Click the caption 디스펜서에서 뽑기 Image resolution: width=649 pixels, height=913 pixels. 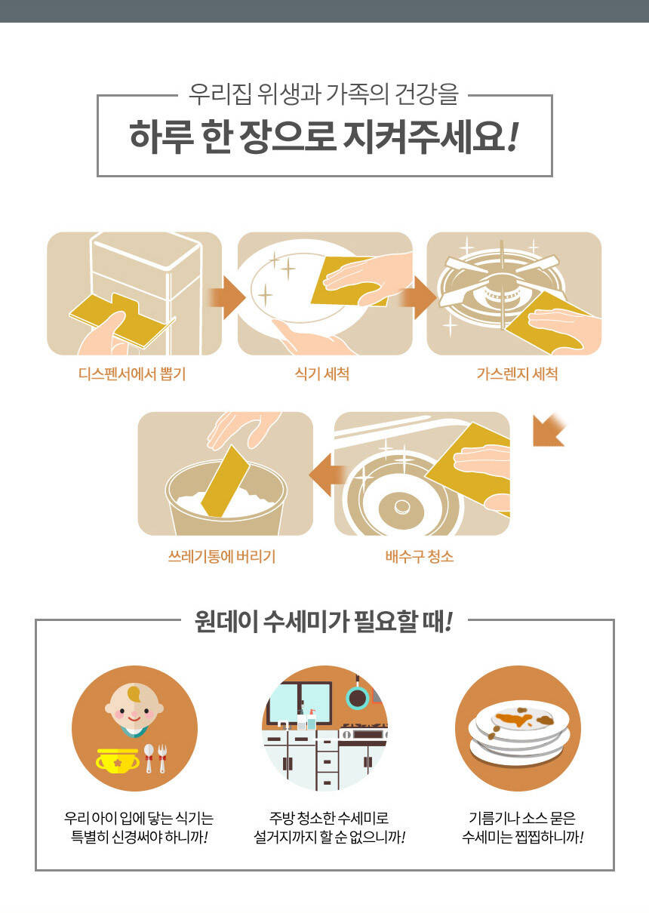pyautogui.click(x=132, y=373)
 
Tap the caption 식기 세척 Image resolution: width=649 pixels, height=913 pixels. pyautogui.click(x=322, y=373)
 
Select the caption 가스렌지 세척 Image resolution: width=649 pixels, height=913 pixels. pyautogui.click(x=517, y=373)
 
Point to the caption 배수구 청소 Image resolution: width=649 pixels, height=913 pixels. pyautogui.click(x=420, y=556)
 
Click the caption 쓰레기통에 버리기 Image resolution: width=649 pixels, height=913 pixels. pyautogui.click(x=222, y=556)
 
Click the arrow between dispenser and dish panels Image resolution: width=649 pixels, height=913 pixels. pyautogui.click(x=226, y=297)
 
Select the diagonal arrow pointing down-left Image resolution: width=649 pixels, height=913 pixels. pyautogui.click(x=549, y=430)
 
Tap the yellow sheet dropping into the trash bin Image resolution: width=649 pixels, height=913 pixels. pyautogui.click(x=225, y=481)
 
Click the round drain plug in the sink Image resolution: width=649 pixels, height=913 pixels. pyautogui.click(x=401, y=506)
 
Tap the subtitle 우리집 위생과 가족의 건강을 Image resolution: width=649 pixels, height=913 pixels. pyautogui.click(x=323, y=94)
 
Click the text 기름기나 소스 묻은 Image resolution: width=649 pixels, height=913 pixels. pyautogui.click(x=522, y=818)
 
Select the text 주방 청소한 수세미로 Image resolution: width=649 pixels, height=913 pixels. pyautogui.click(x=329, y=818)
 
